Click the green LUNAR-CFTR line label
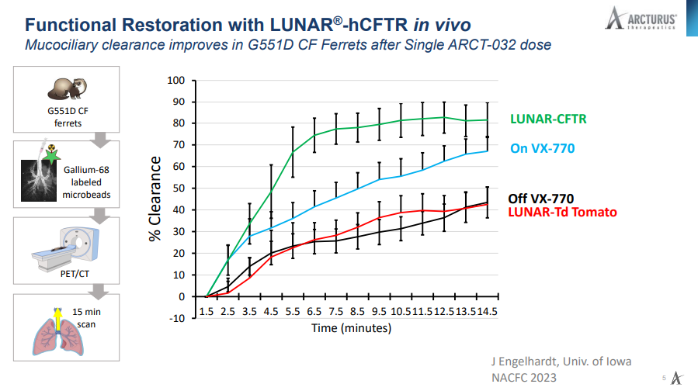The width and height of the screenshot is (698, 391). click(x=547, y=119)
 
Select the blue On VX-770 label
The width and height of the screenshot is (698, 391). click(x=543, y=147)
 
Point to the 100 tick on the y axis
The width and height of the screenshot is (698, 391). click(x=178, y=80)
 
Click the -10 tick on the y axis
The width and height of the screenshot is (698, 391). click(x=178, y=318)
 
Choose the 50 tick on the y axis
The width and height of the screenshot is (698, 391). click(x=181, y=188)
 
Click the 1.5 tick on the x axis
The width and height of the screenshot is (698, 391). click(x=207, y=312)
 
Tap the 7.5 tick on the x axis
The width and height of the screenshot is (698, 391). click(x=336, y=312)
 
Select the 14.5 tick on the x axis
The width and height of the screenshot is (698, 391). click(x=488, y=312)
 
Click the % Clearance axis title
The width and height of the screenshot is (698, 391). click(x=155, y=198)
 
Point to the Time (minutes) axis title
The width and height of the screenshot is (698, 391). click(x=346, y=328)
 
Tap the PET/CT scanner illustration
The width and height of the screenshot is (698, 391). click(x=66, y=248)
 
